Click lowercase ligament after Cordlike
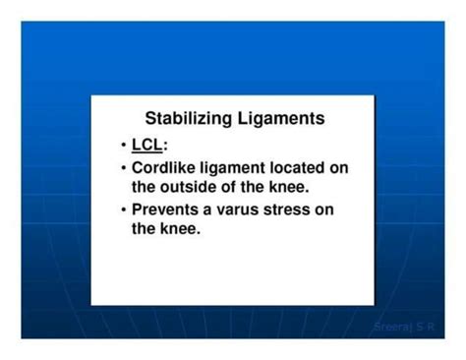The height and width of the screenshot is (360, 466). (x=240, y=168)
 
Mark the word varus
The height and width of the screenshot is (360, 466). (x=250, y=210)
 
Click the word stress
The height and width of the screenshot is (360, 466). (x=305, y=210)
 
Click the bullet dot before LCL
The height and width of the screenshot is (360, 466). (x=123, y=146)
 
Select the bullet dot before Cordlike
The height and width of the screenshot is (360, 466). (x=123, y=168)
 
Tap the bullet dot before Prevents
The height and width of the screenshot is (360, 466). (x=123, y=210)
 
